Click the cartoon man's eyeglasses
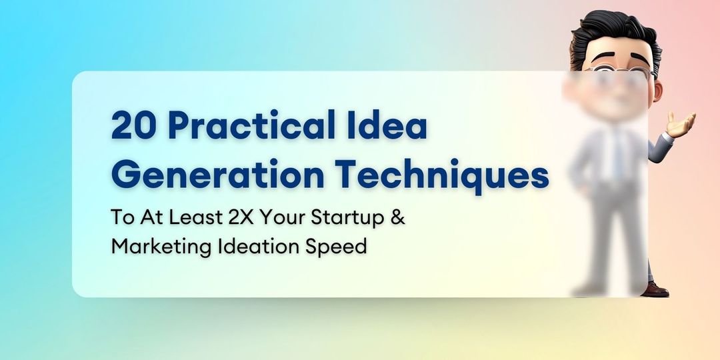click(x=617, y=71)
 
